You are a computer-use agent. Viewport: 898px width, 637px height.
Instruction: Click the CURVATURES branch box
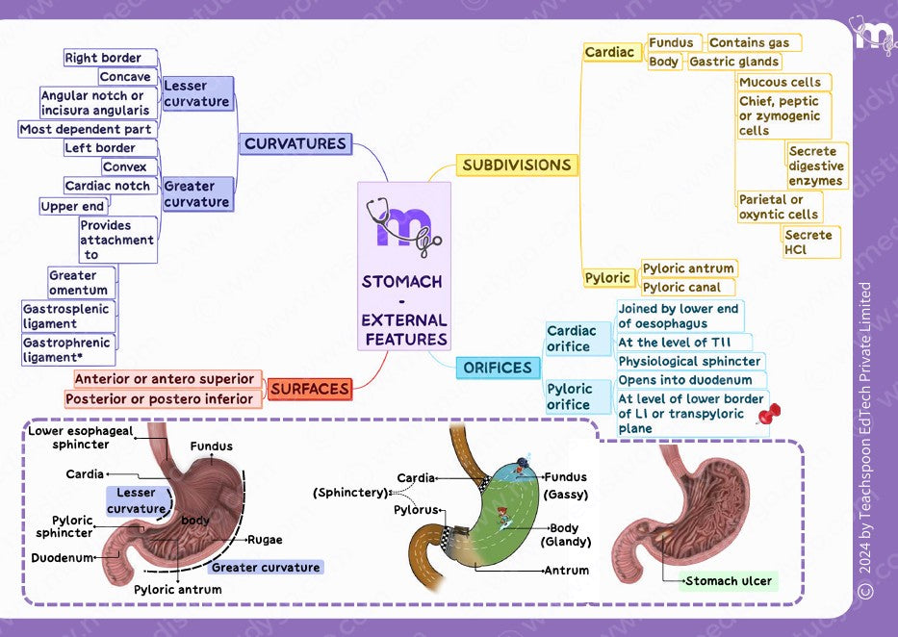click(295, 144)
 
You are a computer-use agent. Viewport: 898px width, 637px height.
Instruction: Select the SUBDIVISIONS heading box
click(516, 166)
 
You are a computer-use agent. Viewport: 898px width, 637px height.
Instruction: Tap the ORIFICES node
click(497, 368)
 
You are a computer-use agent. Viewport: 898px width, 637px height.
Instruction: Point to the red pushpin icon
click(769, 416)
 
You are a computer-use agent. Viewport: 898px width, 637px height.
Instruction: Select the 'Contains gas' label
click(749, 43)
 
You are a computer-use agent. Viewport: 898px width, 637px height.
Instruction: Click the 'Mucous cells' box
click(780, 83)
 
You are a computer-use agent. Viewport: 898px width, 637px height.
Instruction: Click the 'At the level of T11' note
click(682, 343)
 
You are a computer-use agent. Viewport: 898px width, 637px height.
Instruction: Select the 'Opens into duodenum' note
click(684, 380)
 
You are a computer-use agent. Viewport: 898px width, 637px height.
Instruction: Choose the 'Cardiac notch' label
click(107, 186)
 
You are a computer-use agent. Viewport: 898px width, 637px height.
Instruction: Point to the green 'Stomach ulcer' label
click(728, 581)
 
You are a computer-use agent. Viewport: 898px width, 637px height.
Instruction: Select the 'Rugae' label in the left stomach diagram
click(265, 540)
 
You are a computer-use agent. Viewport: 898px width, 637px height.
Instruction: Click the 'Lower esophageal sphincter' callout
click(81, 438)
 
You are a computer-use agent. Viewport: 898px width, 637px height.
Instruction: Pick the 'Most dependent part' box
click(86, 129)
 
